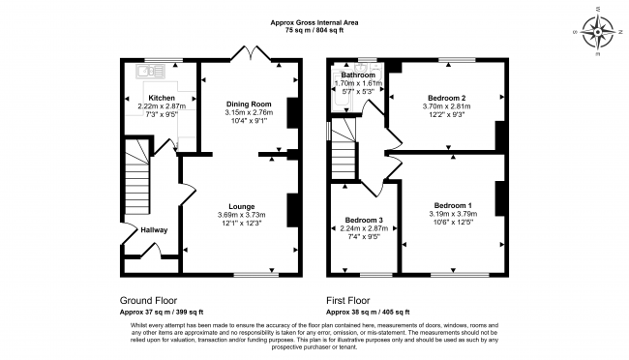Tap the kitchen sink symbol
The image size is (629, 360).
[x=147, y=70]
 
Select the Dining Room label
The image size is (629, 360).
[x=249, y=103]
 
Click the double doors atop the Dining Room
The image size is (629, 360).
[x=250, y=53]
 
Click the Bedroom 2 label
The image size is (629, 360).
[x=447, y=98]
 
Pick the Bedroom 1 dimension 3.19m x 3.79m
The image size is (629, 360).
[x=453, y=214]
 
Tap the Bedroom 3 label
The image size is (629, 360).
[x=364, y=220]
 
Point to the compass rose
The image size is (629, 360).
[x=602, y=31]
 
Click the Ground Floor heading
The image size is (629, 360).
[x=148, y=300]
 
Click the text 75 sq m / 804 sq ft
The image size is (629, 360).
[x=314, y=30]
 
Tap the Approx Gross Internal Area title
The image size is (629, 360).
[x=314, y=21]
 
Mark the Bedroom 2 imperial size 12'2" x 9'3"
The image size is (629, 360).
[x=447, y=115]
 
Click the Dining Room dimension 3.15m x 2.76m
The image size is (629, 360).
[x=249, y=111]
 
